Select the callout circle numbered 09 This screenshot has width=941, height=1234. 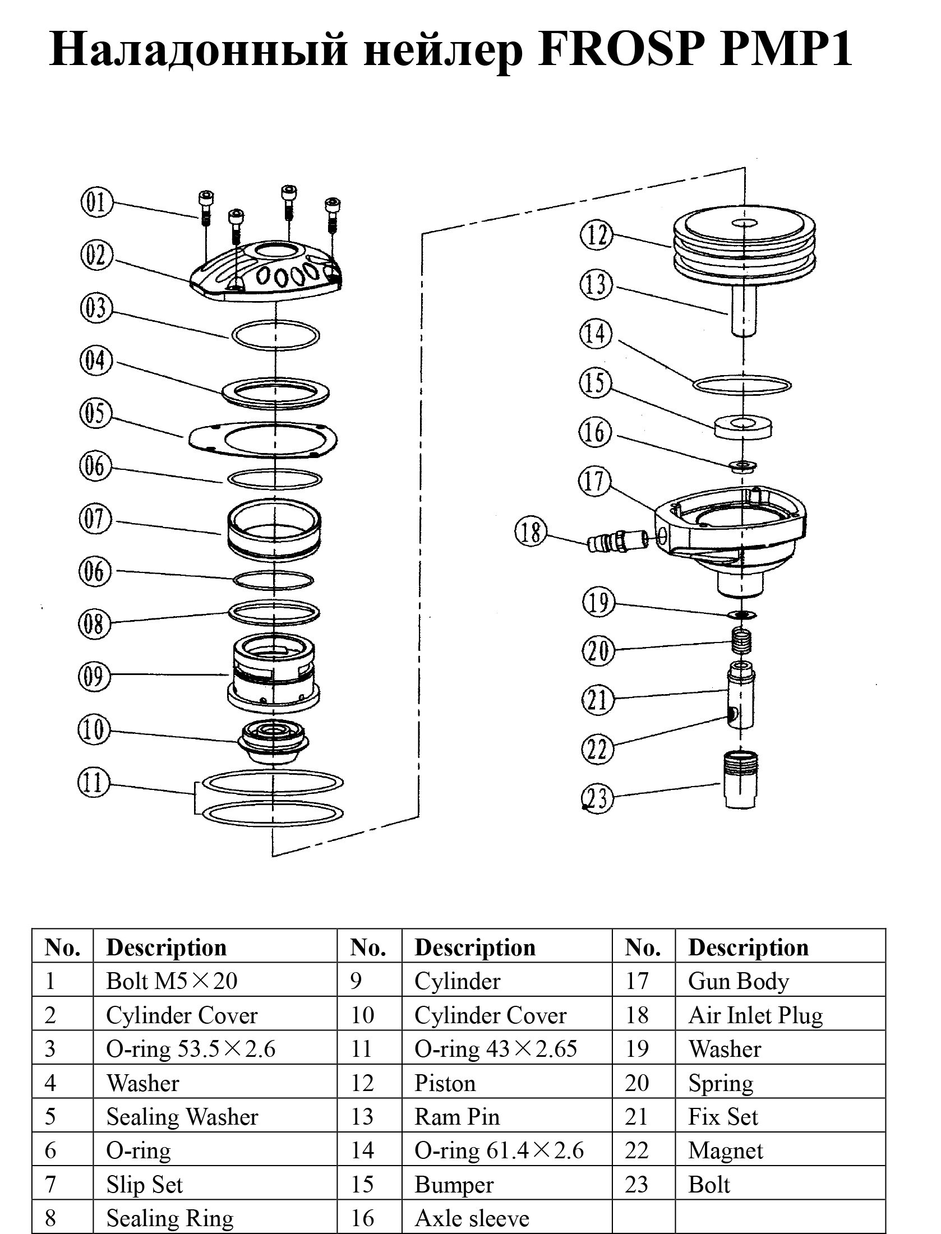click(x=94, y=676)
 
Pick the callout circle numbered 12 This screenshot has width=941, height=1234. click(x=596, y=235)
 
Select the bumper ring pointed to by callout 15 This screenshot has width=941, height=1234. click(x=743, y=426)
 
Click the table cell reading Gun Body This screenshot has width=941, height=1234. click(x=739, y=982)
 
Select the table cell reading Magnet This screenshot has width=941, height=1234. click(x=726, y=1151)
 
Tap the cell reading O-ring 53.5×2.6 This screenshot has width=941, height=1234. click(x=191, y=1049)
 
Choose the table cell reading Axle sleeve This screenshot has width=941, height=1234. click(x=472, y=1218)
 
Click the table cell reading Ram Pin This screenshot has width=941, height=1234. click(x=457, y=1117)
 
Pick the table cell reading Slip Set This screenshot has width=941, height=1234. click(x=145, y=1185)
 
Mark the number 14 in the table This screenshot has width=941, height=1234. click(x=363, y=1151)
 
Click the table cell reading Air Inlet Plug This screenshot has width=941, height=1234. click(x=755, y=1015)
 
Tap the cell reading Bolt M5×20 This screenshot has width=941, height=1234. click(x=172, y=982)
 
